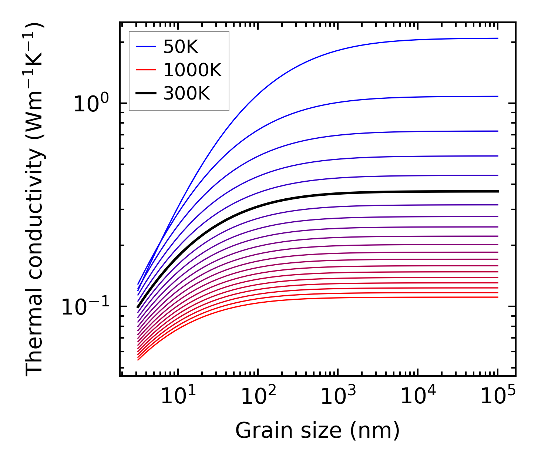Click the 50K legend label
[181, 47]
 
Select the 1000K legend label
[192, 70]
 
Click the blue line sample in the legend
[146, 47]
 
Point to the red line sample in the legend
[146, 70]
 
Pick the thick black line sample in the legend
[146, 93]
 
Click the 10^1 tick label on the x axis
[178, 396]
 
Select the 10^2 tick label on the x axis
[258, 396]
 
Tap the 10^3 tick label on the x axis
[338, 396]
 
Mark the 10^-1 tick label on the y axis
[85, 307]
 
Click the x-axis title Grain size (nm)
[317, 431]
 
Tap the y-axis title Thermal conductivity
[35, 200]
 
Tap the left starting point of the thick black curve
[138, 307]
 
